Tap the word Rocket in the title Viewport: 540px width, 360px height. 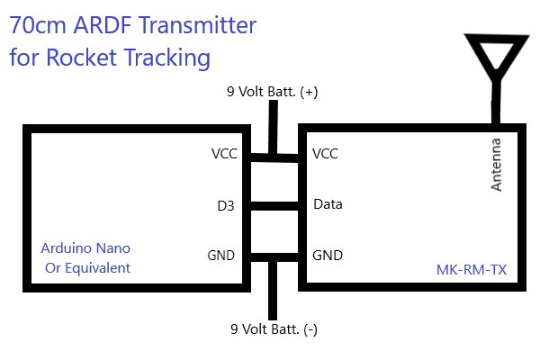(x=82, y=57)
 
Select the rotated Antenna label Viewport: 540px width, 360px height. (x=496, y=165)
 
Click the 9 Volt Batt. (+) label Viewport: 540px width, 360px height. (x=272, y=92)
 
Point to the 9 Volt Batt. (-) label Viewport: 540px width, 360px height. (x=274, y=329)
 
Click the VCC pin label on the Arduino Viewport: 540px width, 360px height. (x=224, y=154)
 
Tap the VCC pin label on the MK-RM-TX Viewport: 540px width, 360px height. (x=325, y=154)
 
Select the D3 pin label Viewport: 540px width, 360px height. (x=226, y=206)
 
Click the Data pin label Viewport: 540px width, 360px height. (x=328, y=204)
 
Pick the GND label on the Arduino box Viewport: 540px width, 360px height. (x=220, y=256)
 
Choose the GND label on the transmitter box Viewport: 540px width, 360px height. (x=328, y=256)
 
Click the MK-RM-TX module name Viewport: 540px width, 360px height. (x=472, y=270)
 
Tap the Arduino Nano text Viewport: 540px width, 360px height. (x=85, y=248)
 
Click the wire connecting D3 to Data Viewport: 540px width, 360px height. (x=274, y=206)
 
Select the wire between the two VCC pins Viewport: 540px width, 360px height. (x=274, y=157)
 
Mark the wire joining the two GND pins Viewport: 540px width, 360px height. (x=274, y=257)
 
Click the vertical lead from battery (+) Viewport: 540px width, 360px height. (x=273, y=127)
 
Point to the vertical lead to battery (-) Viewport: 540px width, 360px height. (x=273, y=291)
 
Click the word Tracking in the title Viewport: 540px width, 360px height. (x=167, y=58)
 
